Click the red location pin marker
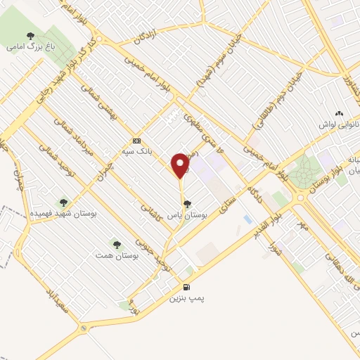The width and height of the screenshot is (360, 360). (181, 165)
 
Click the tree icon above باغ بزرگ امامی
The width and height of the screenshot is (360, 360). (30, 35)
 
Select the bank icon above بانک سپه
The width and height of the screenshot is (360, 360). (136, 139)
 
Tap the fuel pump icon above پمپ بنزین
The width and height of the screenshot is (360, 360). (186, 287)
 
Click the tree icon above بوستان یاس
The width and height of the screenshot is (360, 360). (186, 204)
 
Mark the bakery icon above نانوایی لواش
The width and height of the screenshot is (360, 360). (340, 113)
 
